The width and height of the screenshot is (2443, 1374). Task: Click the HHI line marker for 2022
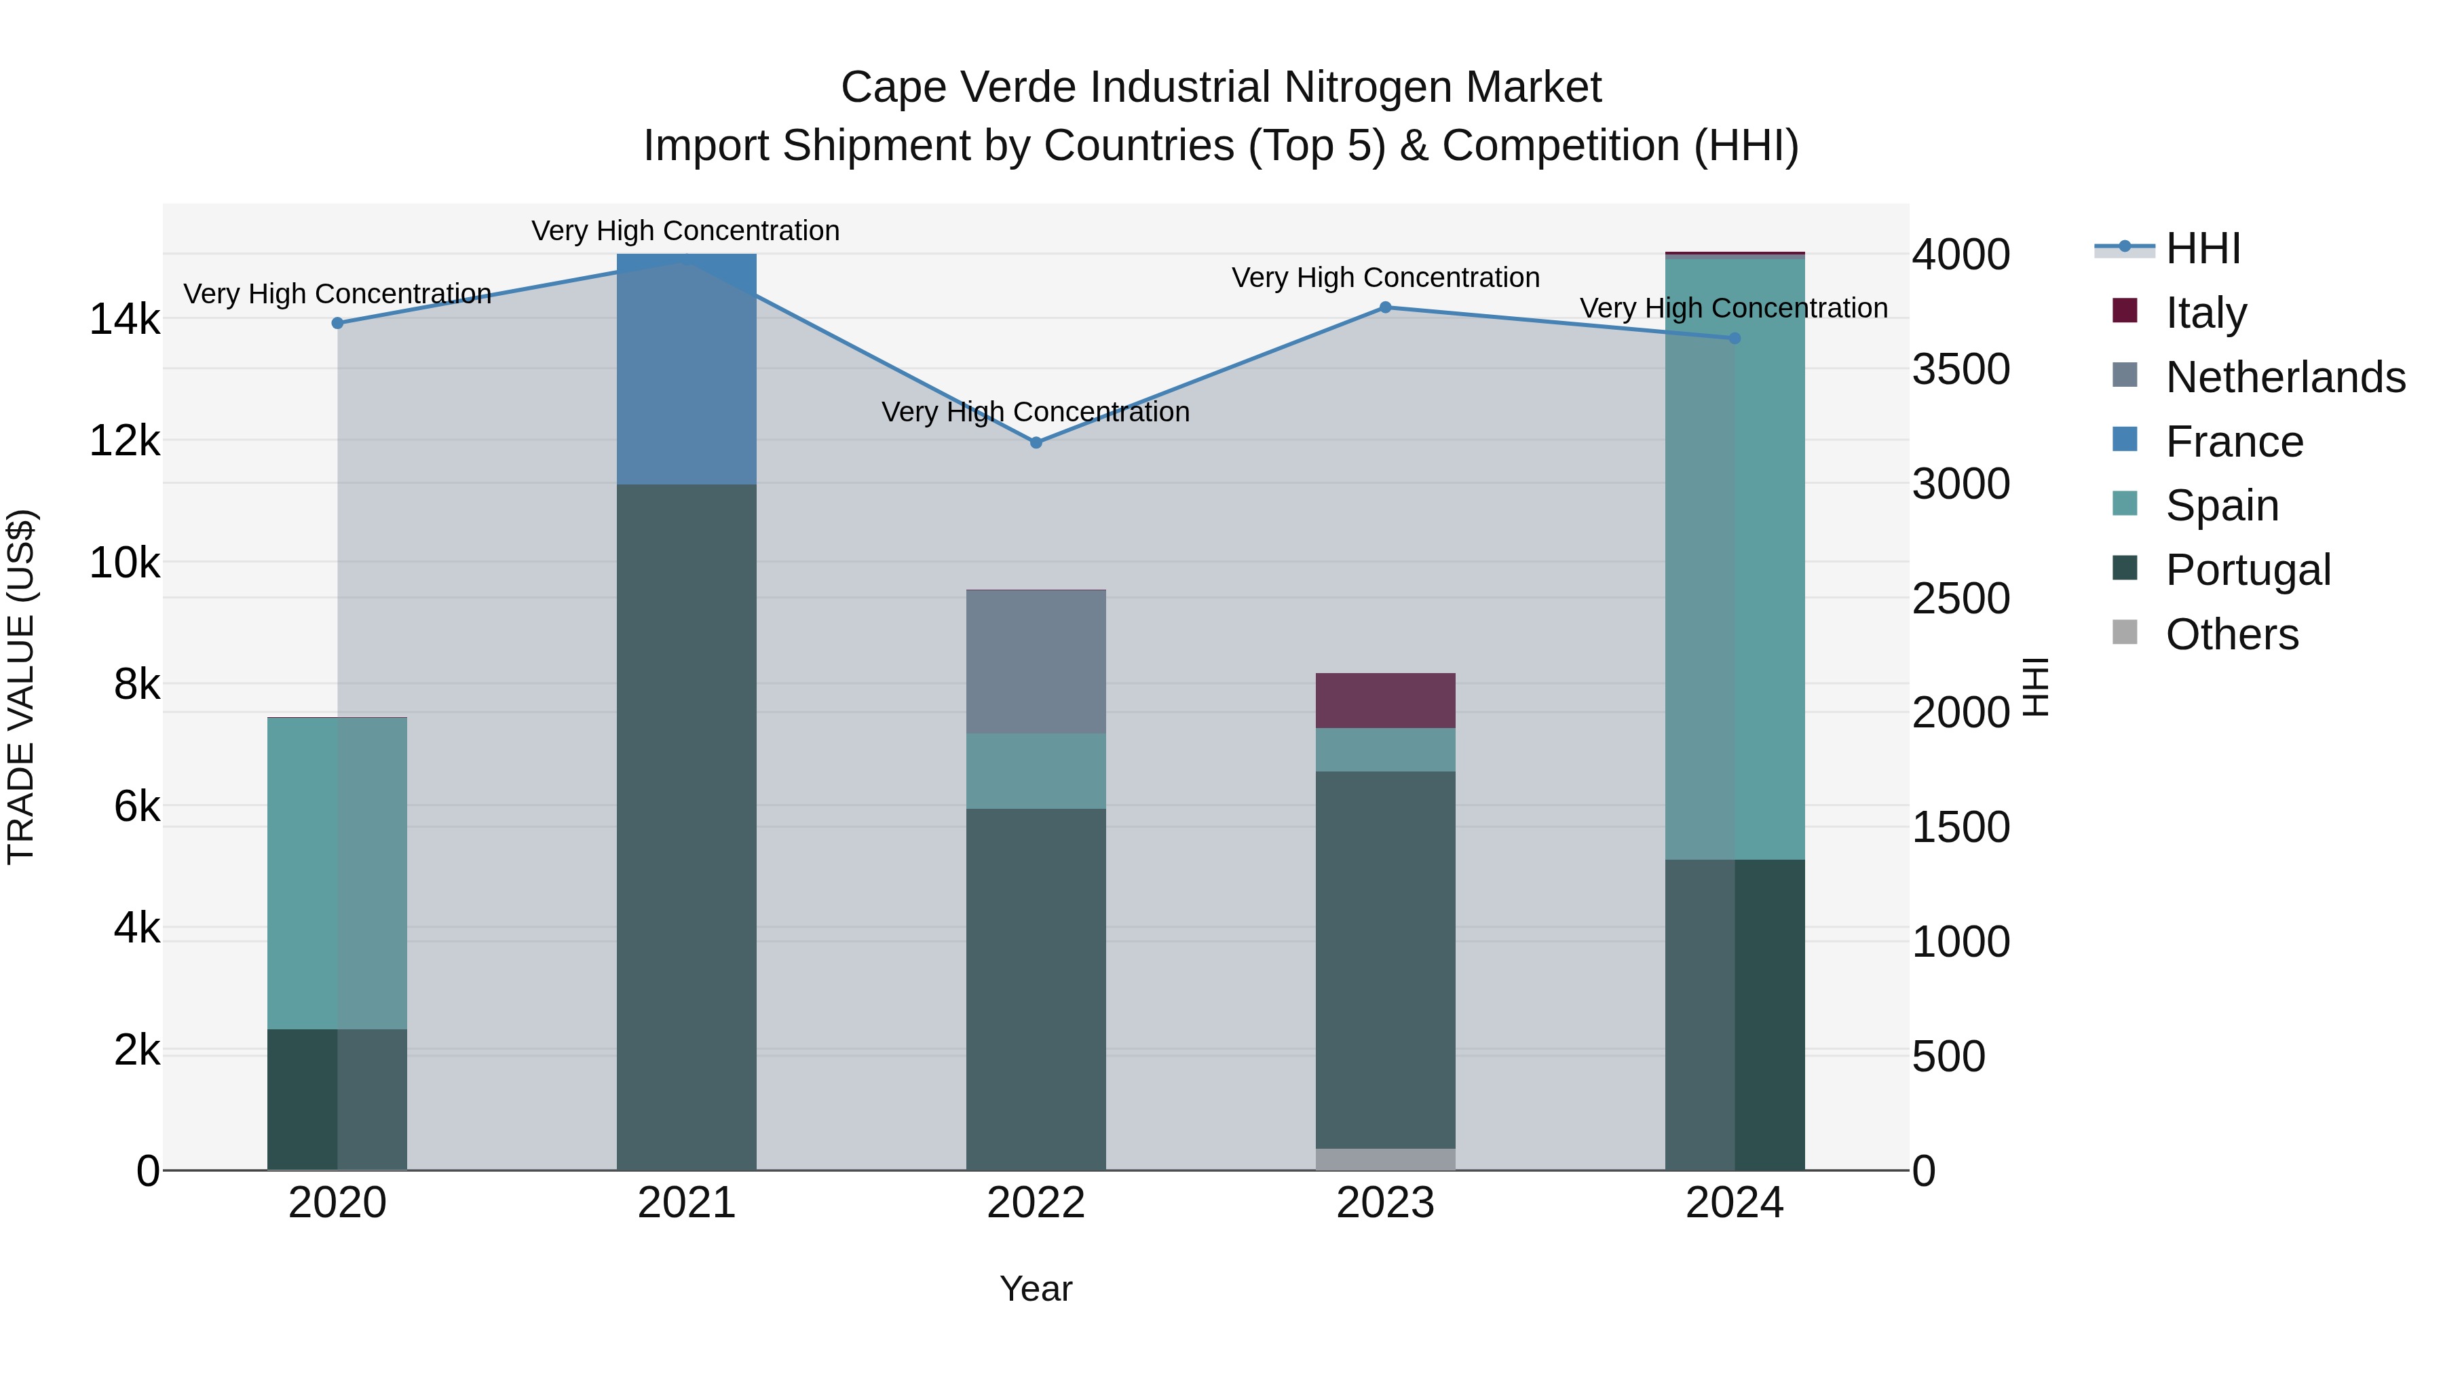tap(1036, 443)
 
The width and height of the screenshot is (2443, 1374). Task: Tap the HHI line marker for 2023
tap(1384, 307)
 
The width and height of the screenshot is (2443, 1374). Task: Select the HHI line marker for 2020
tap(338, 324)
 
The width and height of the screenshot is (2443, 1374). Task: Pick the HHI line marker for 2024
tap(1735, 339)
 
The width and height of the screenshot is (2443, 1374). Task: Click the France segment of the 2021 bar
tap(687, 370)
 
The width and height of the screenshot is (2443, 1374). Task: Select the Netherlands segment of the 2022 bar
tap(1036, 662)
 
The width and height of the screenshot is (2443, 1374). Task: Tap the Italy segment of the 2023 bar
tap(1384, 701)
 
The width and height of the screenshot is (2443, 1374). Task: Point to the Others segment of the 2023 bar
tap(1384, 1160)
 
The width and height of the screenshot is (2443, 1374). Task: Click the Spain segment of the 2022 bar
tap(1036, 771)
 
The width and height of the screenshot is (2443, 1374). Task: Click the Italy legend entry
tap(2206, 312)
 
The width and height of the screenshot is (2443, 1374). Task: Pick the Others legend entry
tap(2231, 634)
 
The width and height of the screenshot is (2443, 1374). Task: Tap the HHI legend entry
tap(2203, 248)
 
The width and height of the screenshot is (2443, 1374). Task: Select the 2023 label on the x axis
tap(1384, 1203)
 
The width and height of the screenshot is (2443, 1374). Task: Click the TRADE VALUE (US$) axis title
tap(22, 687)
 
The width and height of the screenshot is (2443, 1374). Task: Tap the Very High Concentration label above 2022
tap(1035, 412)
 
